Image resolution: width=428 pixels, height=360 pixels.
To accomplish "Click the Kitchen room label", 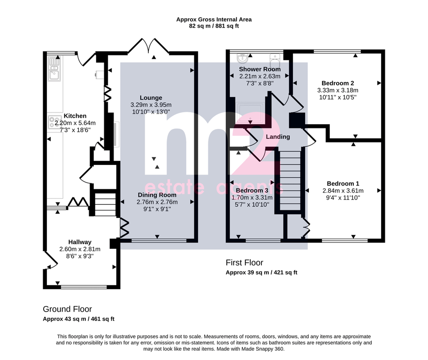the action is pyautogui.click(x=75, y=116).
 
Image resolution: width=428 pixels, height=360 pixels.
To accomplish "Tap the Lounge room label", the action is pyautogui.click(x=151, y=97).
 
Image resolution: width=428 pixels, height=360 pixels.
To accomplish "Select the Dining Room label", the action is pyautogui.click(x=157, y=195).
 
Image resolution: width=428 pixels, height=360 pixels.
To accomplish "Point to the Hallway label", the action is pyautogui.click(x=80, y=242).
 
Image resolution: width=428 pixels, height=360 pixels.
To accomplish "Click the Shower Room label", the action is pyautogui.click(x=260, y=69).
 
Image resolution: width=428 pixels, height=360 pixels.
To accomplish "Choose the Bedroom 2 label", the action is pyautogui.click(x=337, y=83).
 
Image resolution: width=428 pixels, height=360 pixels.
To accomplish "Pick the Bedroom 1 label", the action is pyautogui.click(x=343, y=184).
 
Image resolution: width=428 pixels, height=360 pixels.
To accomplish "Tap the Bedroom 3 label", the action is pyautogui.click(x=252, y=190).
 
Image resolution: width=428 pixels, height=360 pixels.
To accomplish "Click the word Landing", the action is pyautogui.click(x=278, y=136).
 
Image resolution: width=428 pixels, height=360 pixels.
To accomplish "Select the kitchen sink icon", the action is pyautogui.click(x=54, y=68).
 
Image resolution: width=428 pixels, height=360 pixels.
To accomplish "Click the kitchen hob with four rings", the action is pyautogui.click(x=55, y=122).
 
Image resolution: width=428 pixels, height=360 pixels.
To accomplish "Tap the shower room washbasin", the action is pyautogui.click(x=242, y=58).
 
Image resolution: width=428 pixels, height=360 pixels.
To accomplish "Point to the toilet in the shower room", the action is pyautogui.click(x=275, y=60).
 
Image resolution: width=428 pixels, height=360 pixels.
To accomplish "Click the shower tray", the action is pyautogui.click(x=250, y=113).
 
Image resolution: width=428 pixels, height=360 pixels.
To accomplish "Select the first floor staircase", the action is pyautogui.click(x=290, y=180).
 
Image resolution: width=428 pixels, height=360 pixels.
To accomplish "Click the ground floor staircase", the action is pyautogui.click(x=105, y=204).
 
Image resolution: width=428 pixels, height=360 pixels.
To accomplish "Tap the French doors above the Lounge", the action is pyautogui.click(x=149, y=45).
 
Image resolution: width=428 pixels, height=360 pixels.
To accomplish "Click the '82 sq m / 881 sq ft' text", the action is pyautogui.click(x=214, y=26).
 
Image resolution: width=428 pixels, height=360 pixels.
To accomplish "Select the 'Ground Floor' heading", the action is pyautogui.click(x=67, y=309).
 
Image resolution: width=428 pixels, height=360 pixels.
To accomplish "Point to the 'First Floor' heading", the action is pyautogui.click(x=245, y=262).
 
